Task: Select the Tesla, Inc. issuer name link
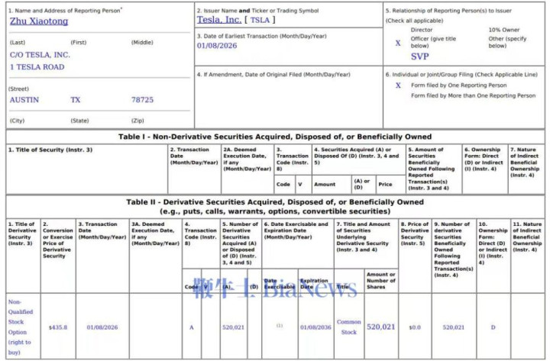(218, 20)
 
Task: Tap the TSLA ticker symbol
(260, 20)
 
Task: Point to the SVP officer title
(420, 56)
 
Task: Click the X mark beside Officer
(397, 43)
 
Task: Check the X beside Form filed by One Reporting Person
(397, 85)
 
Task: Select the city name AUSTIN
(24, 100)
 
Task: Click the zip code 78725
(142, 100)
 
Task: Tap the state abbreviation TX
(76, 100)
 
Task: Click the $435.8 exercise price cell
(58, 327)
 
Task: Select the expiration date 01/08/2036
(314, 327)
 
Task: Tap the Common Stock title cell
(349, 327)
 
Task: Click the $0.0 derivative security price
(415, 327)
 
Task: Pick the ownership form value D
(493, 327)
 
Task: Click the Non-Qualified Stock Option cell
(20, 327)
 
